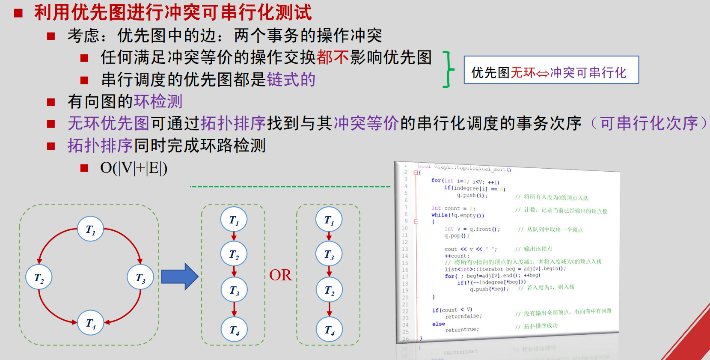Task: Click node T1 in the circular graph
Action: [91, 229]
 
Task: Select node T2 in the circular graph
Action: [39, 277]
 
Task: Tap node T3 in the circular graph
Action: [140, 277]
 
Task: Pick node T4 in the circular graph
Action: [91, 322]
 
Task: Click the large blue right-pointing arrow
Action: [179, 277]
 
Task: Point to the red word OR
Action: [280, 275]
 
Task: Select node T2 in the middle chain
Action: [234, 254]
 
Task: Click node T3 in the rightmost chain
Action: [329, 254]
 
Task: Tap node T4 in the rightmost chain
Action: [329, 329]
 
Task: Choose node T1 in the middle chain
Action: [234, 220]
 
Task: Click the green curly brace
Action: [448, 69]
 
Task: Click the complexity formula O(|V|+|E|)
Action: [134, 168]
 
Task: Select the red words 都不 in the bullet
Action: [333, 57]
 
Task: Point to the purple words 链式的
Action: [291, 80]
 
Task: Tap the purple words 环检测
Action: [158, 101]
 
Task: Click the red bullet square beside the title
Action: [18, 13]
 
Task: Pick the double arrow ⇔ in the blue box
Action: [543, 73]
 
